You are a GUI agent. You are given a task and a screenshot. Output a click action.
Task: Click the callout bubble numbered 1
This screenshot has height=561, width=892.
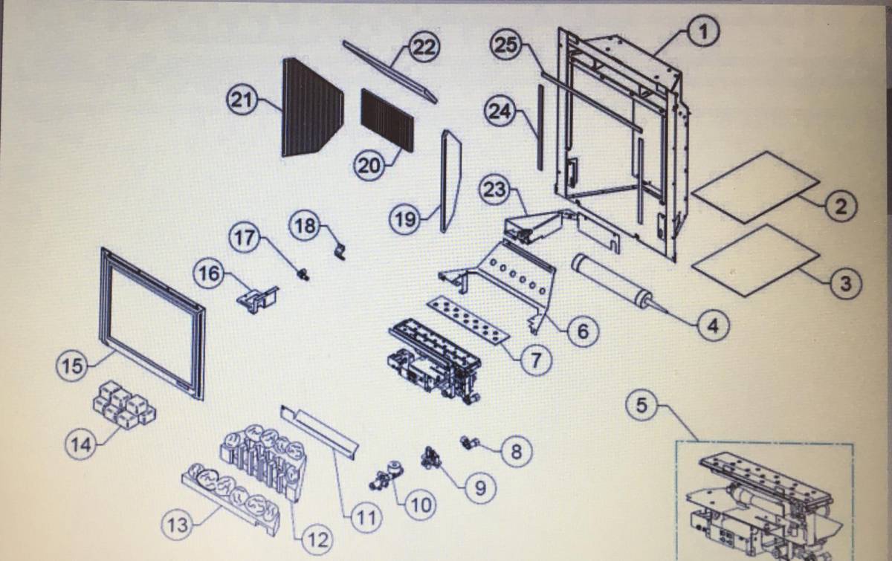703,33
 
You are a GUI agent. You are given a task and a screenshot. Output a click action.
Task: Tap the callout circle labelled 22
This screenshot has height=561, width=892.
424,48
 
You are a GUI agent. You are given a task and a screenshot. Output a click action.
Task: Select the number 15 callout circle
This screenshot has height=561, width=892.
72,366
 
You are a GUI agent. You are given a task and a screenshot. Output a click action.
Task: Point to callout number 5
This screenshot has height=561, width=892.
641,406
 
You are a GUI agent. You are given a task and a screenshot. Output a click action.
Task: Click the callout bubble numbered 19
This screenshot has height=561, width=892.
405,219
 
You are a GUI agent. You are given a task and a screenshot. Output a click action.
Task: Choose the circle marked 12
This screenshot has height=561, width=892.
317,540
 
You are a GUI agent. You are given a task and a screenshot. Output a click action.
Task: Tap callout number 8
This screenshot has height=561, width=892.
516,452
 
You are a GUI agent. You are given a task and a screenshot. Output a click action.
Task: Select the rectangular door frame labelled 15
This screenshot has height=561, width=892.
152,323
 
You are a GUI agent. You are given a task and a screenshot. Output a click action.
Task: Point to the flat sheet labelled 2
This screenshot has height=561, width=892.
755,187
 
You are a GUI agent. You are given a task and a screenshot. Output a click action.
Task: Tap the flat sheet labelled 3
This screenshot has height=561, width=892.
755,260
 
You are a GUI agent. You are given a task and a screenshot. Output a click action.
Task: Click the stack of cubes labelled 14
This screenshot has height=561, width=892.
125,405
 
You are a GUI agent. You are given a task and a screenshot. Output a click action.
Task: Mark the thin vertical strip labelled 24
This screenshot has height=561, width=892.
540,127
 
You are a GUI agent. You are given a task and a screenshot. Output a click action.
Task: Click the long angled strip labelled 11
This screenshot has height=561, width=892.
320,433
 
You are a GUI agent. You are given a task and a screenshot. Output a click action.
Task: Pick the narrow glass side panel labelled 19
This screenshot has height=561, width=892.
450,181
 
